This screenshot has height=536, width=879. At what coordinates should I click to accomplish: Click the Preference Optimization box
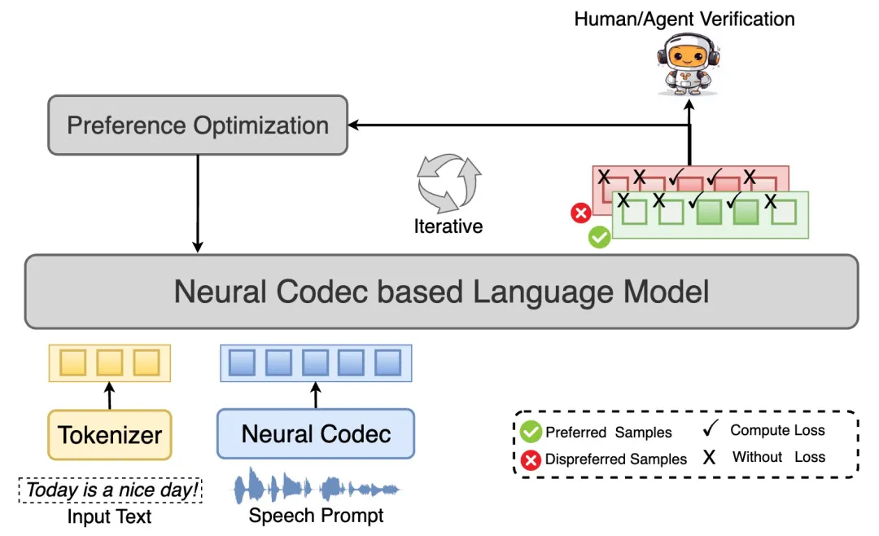click(198, 125)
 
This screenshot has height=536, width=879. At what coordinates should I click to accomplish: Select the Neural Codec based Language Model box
click(441, 292)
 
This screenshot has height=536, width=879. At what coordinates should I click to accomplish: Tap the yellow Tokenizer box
click(110, 435)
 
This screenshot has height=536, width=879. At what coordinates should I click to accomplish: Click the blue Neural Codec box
click(316, 434)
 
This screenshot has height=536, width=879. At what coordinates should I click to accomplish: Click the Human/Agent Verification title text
click(684, 18)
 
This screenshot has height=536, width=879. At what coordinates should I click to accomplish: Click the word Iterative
click(448, 226)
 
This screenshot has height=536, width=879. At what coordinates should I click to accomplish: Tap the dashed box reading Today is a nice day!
click(110, 490)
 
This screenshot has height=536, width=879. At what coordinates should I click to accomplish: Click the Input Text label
click(110, 516)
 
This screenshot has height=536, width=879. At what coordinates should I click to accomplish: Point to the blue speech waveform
click(317, 488)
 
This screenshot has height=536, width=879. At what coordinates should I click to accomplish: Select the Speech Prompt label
click(317, 516)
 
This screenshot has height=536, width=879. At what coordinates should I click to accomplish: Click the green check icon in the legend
click(531, 432)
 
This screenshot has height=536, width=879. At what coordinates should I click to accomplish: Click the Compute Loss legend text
click(777, 430)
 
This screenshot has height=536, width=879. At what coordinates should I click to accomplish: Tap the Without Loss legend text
click(778, 457)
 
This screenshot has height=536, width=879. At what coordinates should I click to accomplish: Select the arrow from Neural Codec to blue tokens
click(316, 395)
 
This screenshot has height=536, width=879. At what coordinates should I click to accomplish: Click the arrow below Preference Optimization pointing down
click(198, 204)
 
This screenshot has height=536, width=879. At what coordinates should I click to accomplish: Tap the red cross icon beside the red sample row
click(580, 213)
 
